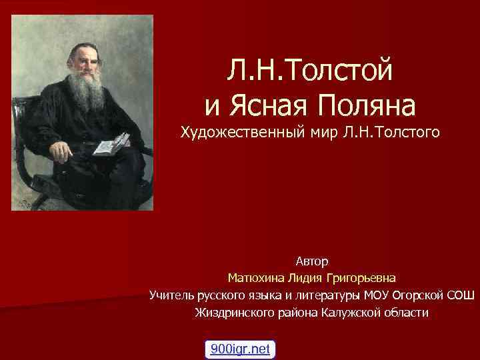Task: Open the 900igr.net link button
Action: point(240,349)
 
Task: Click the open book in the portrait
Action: point(111,142)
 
